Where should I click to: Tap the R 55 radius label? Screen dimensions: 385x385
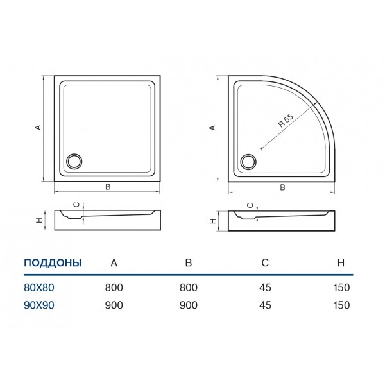point(286,121)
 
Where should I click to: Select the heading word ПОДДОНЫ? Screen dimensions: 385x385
point(53,262)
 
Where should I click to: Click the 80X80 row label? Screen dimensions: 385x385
point(39,287)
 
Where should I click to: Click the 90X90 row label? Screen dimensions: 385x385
point(39,305)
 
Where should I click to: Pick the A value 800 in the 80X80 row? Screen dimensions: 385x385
point(114,287)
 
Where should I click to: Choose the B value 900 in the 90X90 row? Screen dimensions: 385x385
point(188,305)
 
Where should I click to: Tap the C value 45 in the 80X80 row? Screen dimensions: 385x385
point(265,287)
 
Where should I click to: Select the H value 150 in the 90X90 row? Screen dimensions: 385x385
point(341,305)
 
